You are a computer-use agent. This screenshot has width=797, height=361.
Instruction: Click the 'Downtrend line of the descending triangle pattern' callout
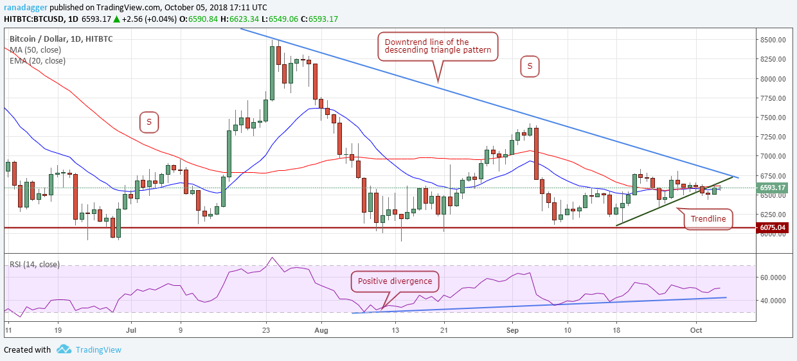437,47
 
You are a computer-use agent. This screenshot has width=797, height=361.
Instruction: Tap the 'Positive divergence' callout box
395,281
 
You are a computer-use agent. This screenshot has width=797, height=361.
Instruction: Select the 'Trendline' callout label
708,219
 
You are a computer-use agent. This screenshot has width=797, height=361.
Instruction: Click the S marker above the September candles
530,66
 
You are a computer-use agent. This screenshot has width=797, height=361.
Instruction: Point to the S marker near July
148,121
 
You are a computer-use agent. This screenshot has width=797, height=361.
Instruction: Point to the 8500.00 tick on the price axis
773,40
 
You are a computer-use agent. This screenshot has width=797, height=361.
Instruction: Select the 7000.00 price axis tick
773,156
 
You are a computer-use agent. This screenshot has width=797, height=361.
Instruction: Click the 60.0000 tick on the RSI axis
774,277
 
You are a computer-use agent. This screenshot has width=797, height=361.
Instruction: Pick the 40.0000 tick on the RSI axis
774,301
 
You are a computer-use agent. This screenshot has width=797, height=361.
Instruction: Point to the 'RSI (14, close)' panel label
35,264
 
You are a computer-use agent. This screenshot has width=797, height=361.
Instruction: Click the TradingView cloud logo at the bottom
63,349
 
